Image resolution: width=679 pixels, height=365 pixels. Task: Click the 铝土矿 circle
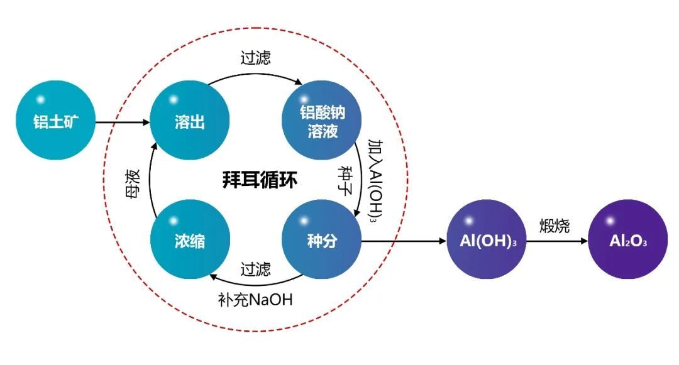click(55, 122)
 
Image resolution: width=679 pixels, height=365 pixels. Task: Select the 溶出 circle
click(189, 121)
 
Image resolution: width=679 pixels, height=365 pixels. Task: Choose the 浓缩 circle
click(189, 241)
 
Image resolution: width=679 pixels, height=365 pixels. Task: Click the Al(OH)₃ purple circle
click(483, 241)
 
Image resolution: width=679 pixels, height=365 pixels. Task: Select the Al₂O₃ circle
click(627, 241)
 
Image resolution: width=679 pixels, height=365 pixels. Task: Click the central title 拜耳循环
click(260, 181)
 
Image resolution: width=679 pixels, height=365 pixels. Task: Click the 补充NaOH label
click(256, 300)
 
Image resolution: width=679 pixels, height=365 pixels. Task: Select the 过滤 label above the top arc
click(256, 58)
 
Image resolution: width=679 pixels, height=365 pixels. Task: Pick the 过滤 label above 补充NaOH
click(256, 270)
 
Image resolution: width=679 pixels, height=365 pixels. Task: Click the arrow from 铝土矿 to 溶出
click(123, 122)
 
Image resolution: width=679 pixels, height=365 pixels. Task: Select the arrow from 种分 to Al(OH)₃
click(402, 241)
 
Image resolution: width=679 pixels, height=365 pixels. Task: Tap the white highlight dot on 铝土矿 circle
click(41, 99)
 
